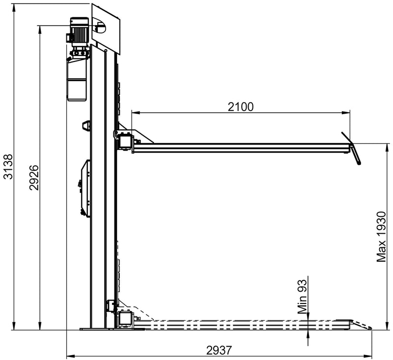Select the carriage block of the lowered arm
pyautogui.click(x=124, y=318)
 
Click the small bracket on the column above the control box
pyautogui.click(x=86, y=125)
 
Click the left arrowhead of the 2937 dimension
pyautogui.click(x=69, y=355)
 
